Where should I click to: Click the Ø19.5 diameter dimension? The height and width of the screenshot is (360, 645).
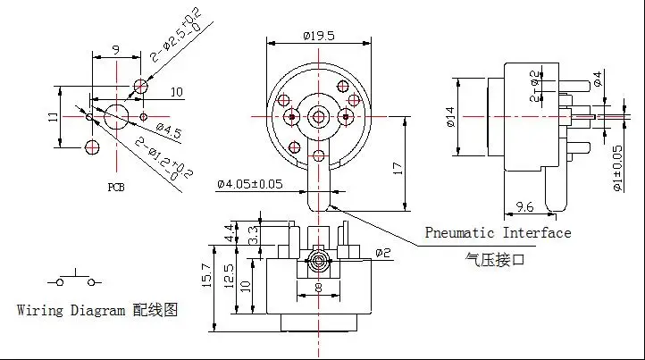point(319,36)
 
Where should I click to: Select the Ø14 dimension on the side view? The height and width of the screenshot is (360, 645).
point(452,118)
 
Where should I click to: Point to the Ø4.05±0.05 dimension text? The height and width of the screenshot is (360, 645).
point(251,185)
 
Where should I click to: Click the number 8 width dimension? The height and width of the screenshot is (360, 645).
point(318,288)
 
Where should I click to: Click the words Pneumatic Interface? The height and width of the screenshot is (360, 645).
point(497,233)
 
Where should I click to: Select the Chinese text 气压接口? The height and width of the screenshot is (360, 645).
point(491,259)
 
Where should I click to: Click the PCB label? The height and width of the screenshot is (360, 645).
point(116,188)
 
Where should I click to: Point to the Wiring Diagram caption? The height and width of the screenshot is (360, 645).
point(98,310)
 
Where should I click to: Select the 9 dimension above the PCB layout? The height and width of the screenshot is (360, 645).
point(115,50)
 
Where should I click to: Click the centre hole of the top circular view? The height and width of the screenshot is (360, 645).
point(319,116)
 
